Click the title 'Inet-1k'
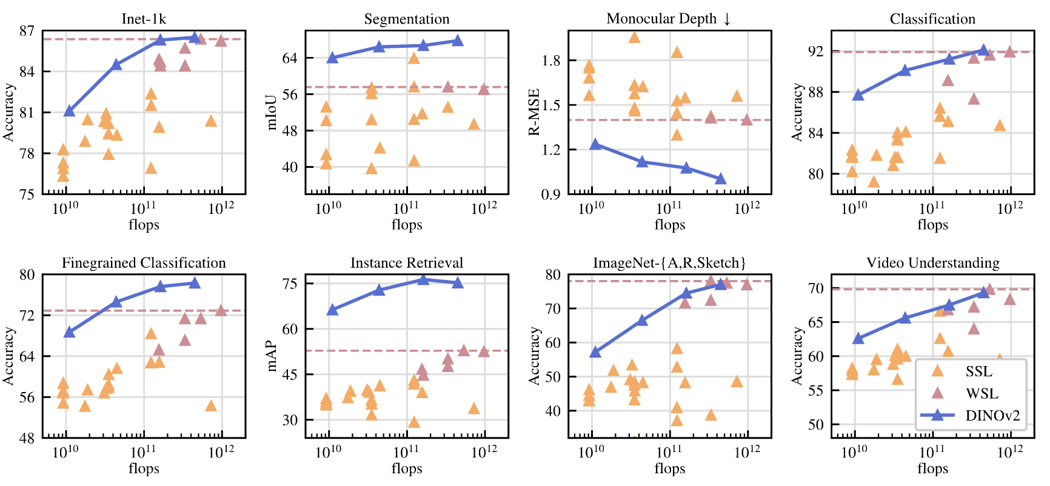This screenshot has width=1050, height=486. click(x=144, y=19)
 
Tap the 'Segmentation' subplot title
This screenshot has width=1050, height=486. click(x=407, y=19)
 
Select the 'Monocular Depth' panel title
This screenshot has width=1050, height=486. click(x=662, y=19)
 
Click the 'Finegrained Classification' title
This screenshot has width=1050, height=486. click(x=144, y=263)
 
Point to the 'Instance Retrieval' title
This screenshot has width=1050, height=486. click(x=407, y=263)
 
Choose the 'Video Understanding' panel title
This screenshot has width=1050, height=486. click(x=932, y=263)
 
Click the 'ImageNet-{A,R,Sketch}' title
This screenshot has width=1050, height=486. click(x=669, y=263)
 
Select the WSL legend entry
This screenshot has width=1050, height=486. click(x=981, y=393)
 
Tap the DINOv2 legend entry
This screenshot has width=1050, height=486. click(x=992, y=416)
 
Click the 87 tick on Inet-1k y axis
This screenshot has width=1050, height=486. click(x=27, y=31)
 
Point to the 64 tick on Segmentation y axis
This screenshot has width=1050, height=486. click(x=290, y=58)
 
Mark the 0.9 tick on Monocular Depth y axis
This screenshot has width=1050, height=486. click(x=551, y=194)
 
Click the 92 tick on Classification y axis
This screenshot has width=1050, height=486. click(x=816, y=52)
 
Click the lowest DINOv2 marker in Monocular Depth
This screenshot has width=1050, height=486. click(x=721, y=178)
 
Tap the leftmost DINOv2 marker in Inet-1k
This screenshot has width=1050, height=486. click(x=69, y=111)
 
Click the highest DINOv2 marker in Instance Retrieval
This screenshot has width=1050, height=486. click(x=423, y=279)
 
